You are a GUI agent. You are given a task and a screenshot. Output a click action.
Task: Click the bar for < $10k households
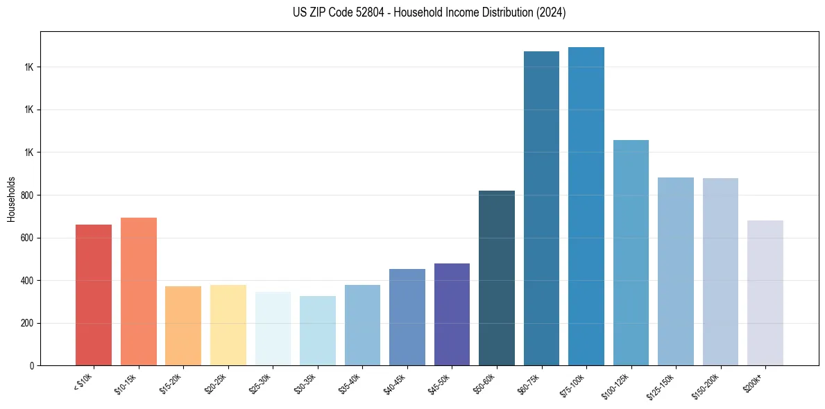[94, 295]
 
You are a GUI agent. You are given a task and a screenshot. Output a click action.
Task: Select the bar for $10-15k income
[139, 291]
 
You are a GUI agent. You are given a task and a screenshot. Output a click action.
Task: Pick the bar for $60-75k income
[541, 208]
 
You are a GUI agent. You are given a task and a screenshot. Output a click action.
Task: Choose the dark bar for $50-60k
[497, 277]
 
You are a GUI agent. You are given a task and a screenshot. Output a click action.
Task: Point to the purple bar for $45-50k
[452, 314]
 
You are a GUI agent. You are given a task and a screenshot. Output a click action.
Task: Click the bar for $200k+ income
[765, 293]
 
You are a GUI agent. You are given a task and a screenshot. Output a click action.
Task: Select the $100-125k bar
[631, 252]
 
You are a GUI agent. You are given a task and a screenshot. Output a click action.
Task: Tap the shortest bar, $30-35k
[318, 331]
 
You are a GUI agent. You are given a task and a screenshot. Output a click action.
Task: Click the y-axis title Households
[11, 199]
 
